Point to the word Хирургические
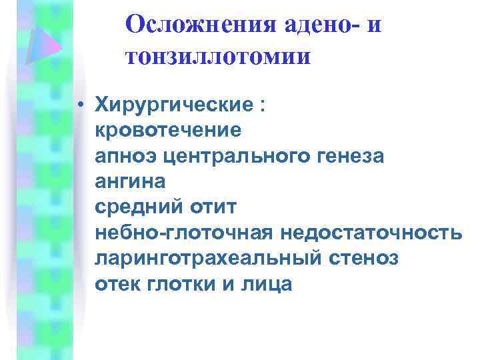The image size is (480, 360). pyautogui.click(x=173, y=105)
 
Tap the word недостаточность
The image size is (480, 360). pyautogui.click(x=371, y=233)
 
